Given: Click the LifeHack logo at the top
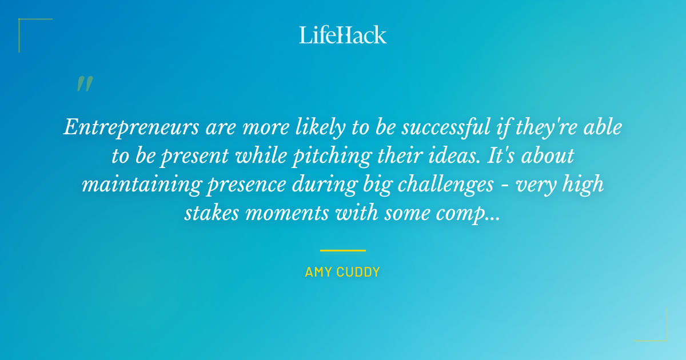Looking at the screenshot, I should pos(343,35).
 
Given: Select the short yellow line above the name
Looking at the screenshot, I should pos(343,250).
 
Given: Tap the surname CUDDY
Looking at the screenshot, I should pos(358,272).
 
